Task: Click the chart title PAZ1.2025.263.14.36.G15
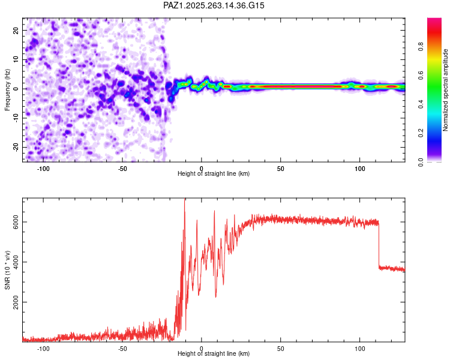point(214,5)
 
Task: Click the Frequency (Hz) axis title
point(7,89)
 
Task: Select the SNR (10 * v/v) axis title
point(7,271)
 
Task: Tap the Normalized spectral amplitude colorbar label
point(446,91)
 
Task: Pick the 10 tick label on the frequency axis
point(16,59)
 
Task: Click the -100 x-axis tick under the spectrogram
point(43,169)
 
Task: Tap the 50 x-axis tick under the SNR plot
point(280,348)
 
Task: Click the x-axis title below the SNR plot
point(214,354)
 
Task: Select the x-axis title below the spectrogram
point(214,174)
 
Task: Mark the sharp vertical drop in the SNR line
point(379,246)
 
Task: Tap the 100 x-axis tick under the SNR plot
point(359,348)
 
